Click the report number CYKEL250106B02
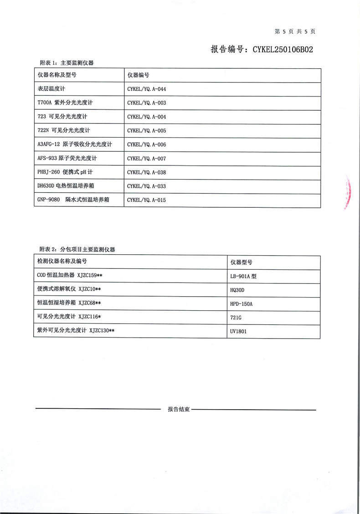click(262, 50)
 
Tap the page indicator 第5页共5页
click(295, 31)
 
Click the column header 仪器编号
click(139, 75)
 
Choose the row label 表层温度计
click(51, 89)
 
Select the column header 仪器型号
click(242, 262)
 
